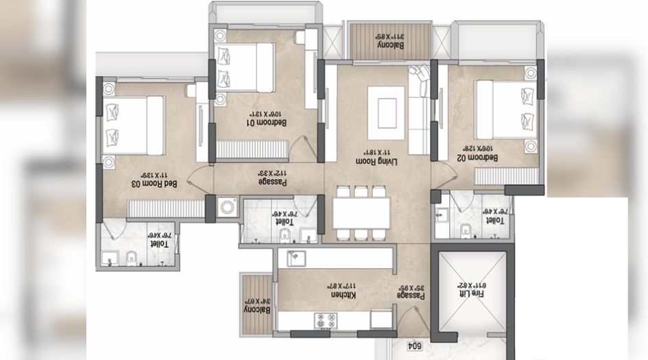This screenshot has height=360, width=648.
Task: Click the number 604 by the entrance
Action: [413, 346]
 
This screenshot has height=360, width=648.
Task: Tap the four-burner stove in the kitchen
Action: [325, 320]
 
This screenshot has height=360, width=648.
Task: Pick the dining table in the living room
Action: [362, 213]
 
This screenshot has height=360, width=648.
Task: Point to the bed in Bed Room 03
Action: [135, 127]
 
